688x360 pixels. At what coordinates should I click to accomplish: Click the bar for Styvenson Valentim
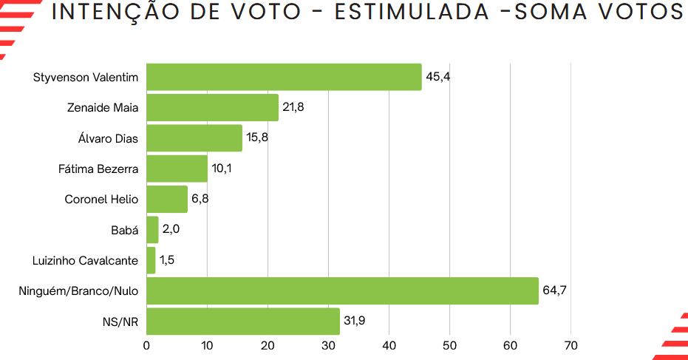pyautogui.click(x=284, y=77)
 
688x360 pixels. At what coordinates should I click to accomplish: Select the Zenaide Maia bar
pyautogui.click(x=212, y=107)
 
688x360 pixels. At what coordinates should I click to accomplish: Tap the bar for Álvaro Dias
pyautogui.click(x=194, y=138)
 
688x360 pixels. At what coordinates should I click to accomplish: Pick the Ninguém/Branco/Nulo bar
pyautogui.click(x=342, y=291)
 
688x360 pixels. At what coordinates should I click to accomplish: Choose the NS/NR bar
pyautogui.click(x=243, y=322)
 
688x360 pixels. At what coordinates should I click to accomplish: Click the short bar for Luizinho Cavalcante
pyautogui.click(x=151, y=260)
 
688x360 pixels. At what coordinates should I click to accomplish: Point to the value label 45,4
pyautogui.click(x=437, y=77)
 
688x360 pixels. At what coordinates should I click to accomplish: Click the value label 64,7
pyautogui.click(x=554, y=291)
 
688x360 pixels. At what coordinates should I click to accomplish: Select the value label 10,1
pyautogui.click(x=222, y=169)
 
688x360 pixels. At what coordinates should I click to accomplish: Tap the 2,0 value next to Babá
pyautogui.click(x=171, y=229)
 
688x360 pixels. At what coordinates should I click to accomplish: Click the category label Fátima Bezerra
pyautogui.click(x=98, y=169)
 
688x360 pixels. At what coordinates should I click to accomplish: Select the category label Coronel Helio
pyautogui.click(x=101, y=199)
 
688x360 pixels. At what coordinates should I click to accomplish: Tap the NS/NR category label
pyautogui.click(x=120, y=322)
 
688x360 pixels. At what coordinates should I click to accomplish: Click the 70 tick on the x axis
pyautogui.click(x=571, y=345)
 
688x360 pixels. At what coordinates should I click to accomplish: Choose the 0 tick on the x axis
pyautogui.click(x=147, y=345)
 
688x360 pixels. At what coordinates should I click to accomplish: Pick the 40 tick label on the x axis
pyautogui.click(x=389, y=345)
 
